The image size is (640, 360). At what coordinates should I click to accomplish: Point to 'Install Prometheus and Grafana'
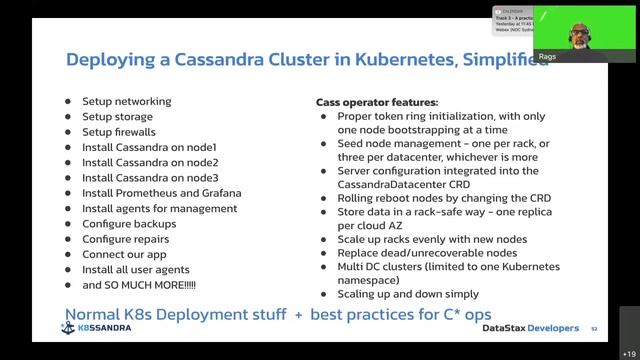[162, 193]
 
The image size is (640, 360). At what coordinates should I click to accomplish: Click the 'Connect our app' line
[124, 255]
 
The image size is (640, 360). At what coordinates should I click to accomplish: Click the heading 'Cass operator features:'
[377, 102]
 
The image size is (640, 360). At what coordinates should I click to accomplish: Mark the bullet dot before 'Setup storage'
[68, 117]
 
